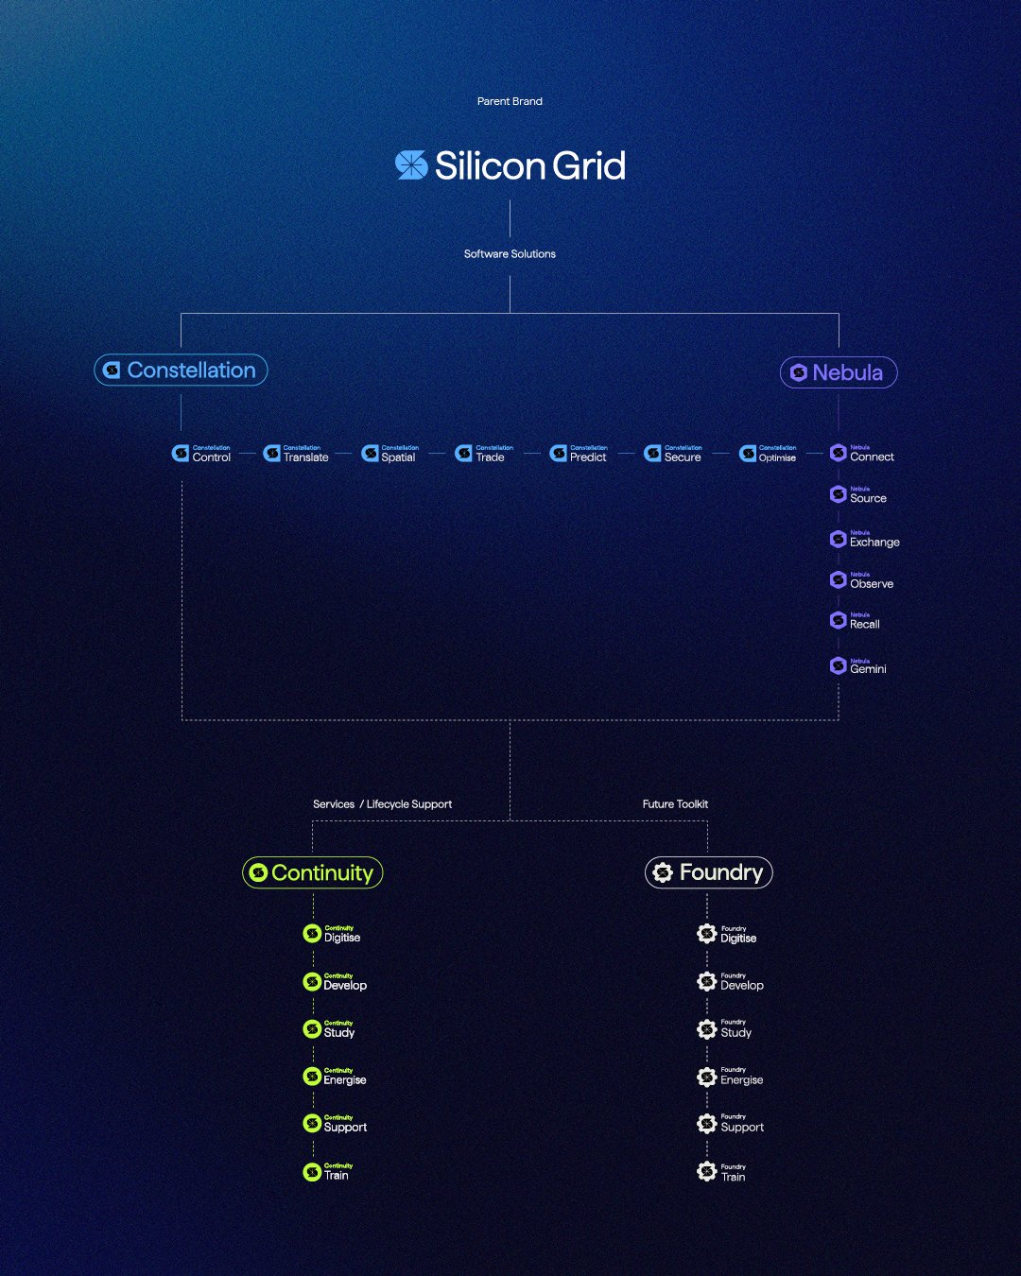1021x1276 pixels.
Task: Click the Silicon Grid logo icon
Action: pos(411,165)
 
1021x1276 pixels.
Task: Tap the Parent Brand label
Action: pos(510,101)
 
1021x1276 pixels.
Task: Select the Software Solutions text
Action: pos(510,254)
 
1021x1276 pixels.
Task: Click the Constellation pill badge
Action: pos(181,371)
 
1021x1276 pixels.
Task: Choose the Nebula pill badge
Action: pos(838,372)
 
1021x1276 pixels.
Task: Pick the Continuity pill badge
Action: pos(313,872)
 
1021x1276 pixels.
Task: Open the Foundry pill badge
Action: pos(708,872)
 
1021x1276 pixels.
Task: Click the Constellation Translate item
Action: pos(297,454)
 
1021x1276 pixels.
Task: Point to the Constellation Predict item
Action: pos(579,454)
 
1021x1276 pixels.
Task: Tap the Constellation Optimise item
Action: pos(768,454)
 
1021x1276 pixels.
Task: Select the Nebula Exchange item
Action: pos(864,539)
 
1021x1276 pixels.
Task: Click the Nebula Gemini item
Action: pos(857,665)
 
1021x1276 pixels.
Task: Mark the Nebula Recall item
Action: pos(855,621)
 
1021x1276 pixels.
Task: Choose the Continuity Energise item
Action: pos(335,1077)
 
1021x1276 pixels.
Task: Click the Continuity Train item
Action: pos(326,1172)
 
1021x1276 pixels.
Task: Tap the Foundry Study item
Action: pos(725,1029)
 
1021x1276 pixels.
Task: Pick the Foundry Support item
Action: pos(731,1124)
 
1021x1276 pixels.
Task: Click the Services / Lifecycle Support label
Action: pos(382,804)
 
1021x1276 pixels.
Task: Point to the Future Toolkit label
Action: pos(675,804)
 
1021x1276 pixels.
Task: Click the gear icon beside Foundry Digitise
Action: pos(706,934)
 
